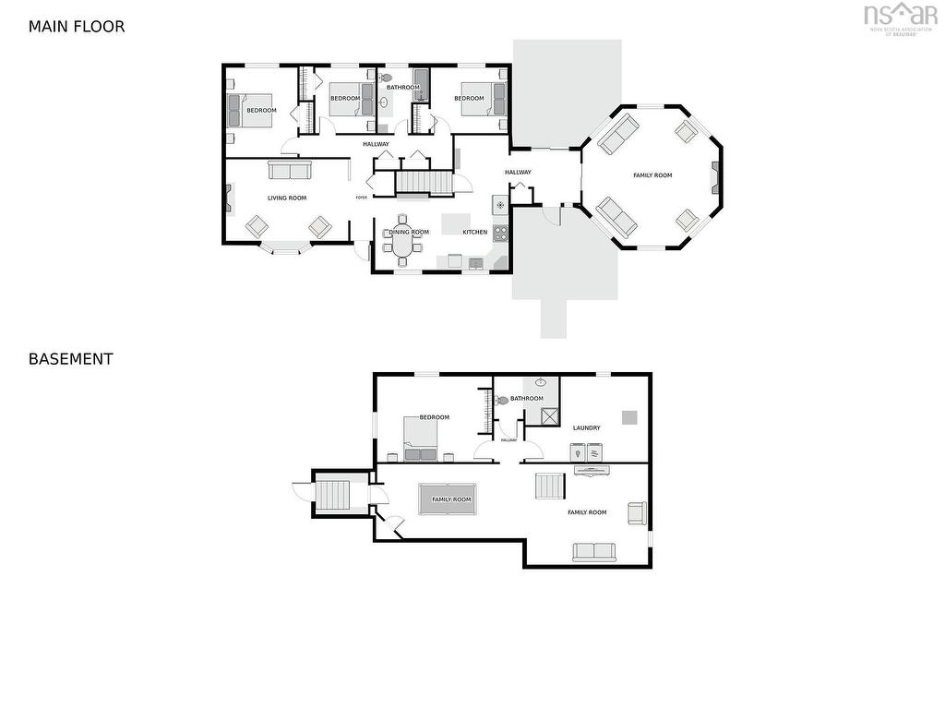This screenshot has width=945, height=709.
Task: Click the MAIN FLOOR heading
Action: tap(76, 27)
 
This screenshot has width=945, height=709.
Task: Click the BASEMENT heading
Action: tap(70, 359)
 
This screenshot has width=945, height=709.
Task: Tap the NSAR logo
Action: tap(900, 16)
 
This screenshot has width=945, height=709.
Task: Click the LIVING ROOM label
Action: tap(287, 198)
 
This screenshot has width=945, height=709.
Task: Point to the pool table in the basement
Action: tap(448, 499)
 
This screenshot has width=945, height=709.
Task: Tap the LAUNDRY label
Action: tap(586, 427)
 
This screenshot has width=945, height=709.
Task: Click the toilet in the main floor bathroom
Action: tap(386, 78)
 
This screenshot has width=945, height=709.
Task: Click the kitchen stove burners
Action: tap(500, 232)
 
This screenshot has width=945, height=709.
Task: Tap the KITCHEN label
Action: tap(474, 232)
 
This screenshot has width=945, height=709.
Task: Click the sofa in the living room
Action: tap(290, 171)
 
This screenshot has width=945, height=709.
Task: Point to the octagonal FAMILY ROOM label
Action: tap(652, 175)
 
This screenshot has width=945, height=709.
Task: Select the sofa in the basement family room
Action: tap(593, 552)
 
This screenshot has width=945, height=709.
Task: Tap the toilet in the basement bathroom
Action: tap(502, 400)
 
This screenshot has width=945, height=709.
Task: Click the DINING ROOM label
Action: tap(409, 232)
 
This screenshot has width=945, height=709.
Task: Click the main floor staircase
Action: tap(424, 181)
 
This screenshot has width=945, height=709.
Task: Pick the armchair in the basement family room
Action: tap(638, 513)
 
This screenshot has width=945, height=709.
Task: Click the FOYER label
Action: tap(362, 198)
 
